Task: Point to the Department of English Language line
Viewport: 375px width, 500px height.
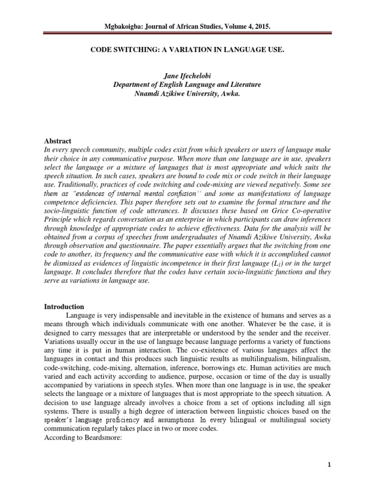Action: [187, 84]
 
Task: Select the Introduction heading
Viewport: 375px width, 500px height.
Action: [64, 307]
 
